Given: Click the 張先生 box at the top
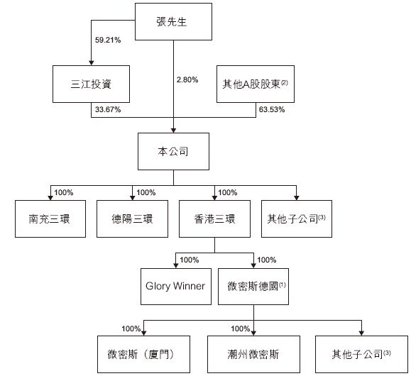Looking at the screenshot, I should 174,21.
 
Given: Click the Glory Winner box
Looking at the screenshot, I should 175,286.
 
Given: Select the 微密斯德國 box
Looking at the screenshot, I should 255,286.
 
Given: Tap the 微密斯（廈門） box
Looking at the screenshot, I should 145,353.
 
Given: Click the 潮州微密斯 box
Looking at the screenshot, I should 255,353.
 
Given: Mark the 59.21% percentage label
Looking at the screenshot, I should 107,40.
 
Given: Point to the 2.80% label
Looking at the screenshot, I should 190,79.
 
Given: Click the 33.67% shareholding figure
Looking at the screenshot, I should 107,109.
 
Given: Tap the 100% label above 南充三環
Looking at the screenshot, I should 64,192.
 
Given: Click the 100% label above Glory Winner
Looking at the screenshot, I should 190,260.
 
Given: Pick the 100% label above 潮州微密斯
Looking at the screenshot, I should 241,328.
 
